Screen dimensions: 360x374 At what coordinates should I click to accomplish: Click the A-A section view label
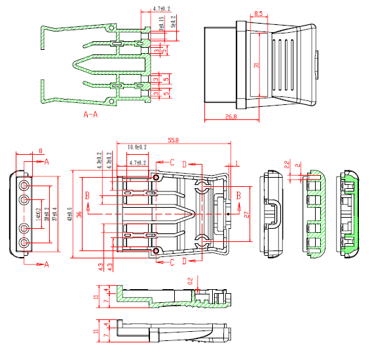(x=91, y=115)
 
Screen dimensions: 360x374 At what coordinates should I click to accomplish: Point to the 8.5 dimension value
(x=258, y=14)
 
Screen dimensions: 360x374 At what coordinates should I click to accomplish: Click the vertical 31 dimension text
(x=257, y=65)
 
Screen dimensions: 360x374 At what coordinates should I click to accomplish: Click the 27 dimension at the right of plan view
(x=246, y=214)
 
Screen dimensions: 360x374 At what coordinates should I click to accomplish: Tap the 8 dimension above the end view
(x=41, y=151)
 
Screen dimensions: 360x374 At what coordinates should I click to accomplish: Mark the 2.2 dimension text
(x=287, y=164)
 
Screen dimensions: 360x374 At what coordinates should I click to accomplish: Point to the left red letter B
(x=87, y=195)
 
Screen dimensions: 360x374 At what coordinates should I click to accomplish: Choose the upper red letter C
(x=172, y=161)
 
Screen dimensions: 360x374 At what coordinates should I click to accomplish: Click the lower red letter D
(x=184, y=262)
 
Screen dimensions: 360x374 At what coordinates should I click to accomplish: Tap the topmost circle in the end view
(x=24, y=184)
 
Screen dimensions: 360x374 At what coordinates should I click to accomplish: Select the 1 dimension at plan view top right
(x=237, y=163)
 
